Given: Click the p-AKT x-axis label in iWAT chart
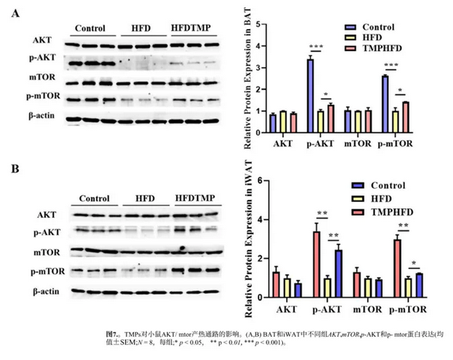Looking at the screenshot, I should (327, 309).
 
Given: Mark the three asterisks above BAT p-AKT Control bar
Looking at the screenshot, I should (309, 49).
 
